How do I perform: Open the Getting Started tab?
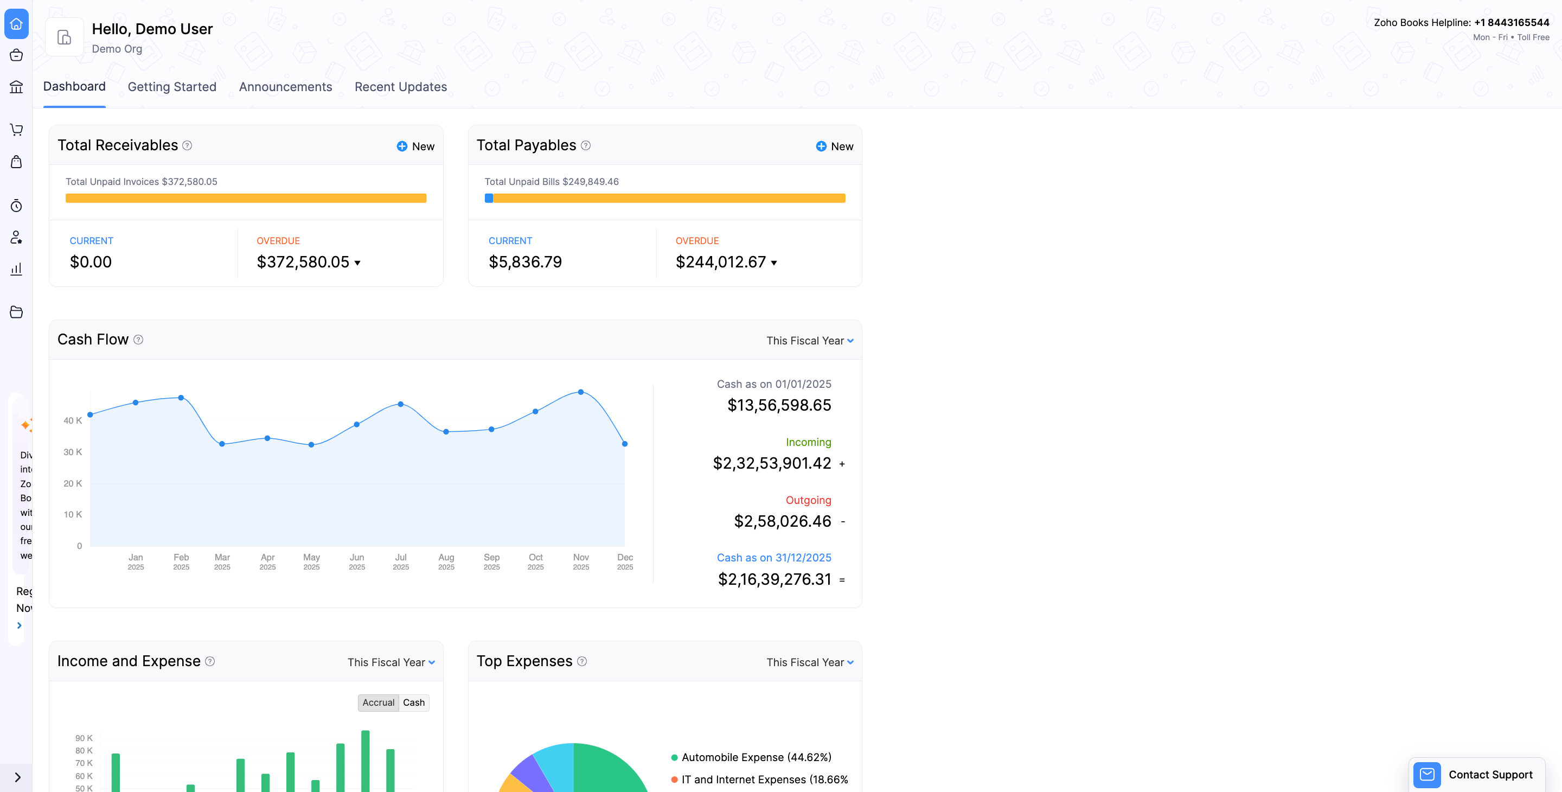coord(171,87)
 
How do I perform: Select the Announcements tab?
coord(285,87)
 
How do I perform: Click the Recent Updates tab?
coord(400,87)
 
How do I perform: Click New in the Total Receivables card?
coord(415,146)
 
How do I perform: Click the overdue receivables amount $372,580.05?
coord(303,262)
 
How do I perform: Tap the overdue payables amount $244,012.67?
coord(721,262)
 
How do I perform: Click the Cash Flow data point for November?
coord(581,392)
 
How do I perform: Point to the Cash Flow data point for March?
coord(222,444)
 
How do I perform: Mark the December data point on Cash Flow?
coord(625,444)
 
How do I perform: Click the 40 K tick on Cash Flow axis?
coord(73,420)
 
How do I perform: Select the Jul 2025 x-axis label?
coord(401,561)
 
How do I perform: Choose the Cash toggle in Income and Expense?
coord(413,702)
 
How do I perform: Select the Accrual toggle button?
coord(379,702)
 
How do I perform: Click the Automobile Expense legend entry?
coord(756,757)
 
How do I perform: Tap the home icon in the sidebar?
coord(16,24)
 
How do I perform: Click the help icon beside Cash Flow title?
coord(138,340)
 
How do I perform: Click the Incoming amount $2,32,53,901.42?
coord(771,463)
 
